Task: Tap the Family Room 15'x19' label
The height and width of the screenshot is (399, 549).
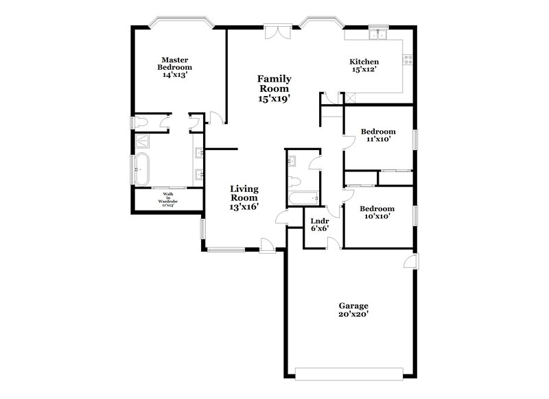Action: (x=274, y=88)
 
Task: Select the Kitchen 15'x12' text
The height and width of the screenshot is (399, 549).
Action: (x=364, y=66)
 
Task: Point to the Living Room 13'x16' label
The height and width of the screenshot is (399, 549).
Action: (x=244, y=197)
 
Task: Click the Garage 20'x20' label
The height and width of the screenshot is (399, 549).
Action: (x=353, y=310)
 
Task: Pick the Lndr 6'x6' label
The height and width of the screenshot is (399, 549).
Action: (x=320, y=225)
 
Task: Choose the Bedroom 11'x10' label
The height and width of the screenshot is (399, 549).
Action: (x=378, y=135)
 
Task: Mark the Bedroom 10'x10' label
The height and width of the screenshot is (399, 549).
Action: (x=378, y=212)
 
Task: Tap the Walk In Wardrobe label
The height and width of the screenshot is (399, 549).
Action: (x=167, y=199)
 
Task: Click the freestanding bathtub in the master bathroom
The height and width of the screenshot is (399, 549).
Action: (x=143, y=169)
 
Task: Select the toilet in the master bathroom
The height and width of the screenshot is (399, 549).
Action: (x=142, y=123)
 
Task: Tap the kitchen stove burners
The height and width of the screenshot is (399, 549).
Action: (x=408, y=60)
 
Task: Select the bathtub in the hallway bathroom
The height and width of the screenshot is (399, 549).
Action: (x=302, y=199)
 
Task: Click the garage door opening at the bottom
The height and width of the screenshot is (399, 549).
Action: (x=350, y=372)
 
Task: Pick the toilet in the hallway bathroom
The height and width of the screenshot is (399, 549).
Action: (x=294, y=182)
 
